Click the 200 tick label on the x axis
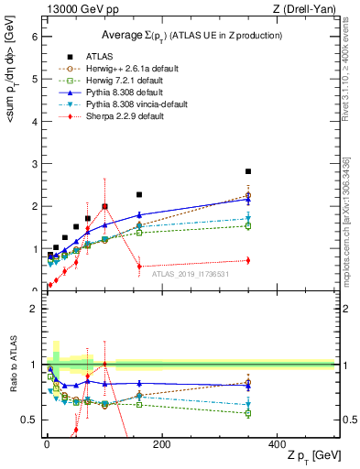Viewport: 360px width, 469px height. tap(161, 443)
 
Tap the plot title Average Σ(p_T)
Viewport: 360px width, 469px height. tap(190, 35)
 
